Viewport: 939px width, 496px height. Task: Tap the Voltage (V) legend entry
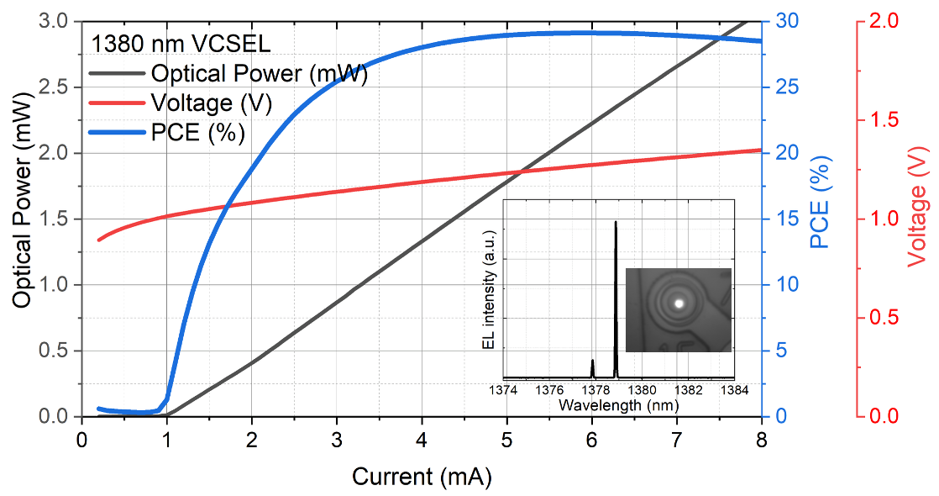211,103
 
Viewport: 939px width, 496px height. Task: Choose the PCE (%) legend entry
197,133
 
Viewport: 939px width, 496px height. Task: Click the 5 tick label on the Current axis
506,439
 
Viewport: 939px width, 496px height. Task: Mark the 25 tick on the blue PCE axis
789,87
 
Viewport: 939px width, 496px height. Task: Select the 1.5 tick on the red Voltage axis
882,119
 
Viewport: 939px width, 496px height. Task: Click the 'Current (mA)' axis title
421,477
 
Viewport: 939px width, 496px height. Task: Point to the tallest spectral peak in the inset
615,224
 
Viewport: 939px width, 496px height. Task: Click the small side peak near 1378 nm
592,363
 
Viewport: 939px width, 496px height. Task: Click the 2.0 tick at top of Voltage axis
882,21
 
